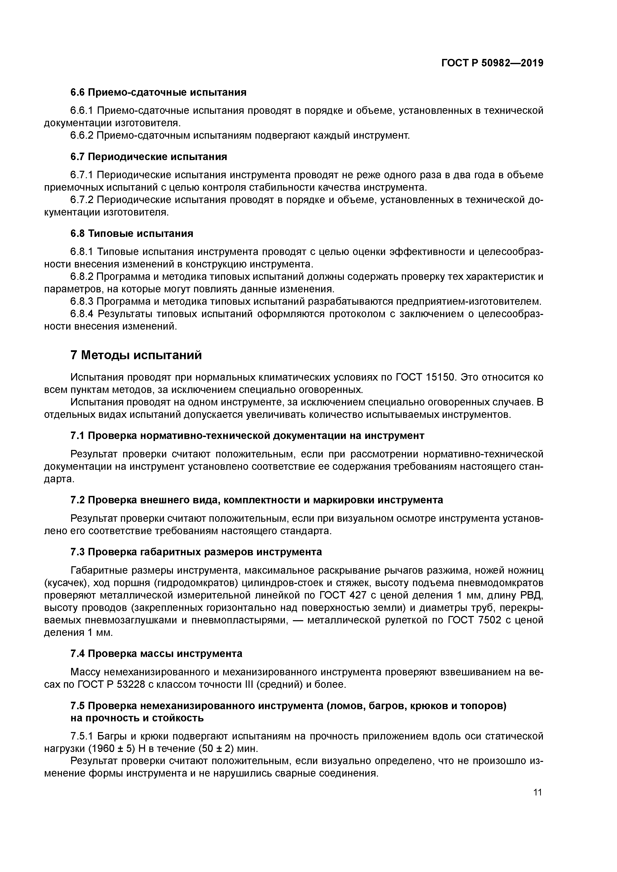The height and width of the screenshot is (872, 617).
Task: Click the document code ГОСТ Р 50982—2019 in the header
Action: [492, 63]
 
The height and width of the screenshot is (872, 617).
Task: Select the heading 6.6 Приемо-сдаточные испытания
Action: [158, 92]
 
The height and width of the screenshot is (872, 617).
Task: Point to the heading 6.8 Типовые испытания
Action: [132, 233]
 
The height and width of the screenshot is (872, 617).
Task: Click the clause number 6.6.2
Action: [82, 135]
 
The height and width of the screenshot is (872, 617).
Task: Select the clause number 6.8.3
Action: [82, 302]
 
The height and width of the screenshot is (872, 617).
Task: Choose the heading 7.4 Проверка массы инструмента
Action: [156, 654]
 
